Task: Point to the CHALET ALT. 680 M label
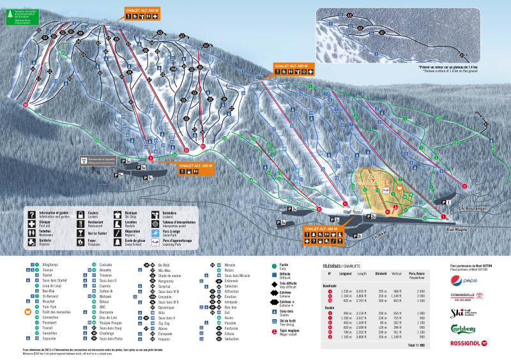click(x=291, y=66)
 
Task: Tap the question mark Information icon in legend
click(x=31, y=214)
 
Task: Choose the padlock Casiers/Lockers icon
click(x=80, y=214)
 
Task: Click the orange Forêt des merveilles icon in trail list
click(x=27, y=311)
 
